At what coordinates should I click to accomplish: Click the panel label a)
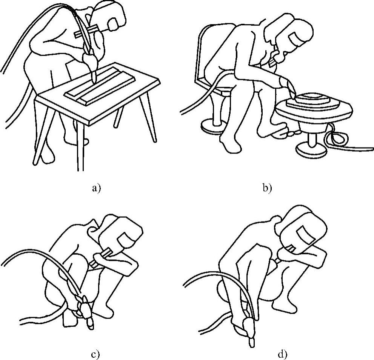click(96, 188)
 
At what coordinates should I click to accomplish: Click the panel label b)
click(267, 188)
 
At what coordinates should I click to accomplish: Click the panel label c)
click(95, 355)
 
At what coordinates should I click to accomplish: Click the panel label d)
click(282, 355)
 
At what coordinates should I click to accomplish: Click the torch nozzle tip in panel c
click(90, 325)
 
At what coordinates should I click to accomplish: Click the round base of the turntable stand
click(311, 149)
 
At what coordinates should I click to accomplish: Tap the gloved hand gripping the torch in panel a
click(90, 60)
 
